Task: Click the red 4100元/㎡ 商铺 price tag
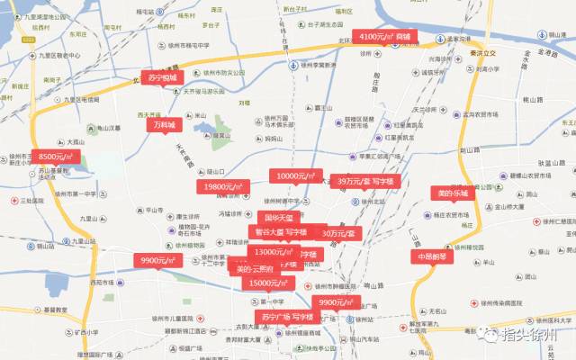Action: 386,37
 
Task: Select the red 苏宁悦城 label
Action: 161,77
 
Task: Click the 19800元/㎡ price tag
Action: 220,186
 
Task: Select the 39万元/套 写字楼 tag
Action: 365,181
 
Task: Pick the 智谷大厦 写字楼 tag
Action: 281,231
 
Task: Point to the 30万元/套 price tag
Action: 338,233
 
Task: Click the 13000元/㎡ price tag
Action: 272,252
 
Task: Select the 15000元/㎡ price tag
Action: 267,283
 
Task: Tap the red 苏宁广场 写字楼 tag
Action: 287,317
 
